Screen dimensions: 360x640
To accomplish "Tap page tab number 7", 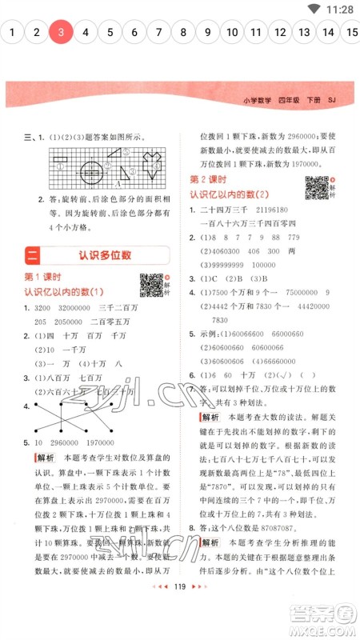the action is (x=159, y=33).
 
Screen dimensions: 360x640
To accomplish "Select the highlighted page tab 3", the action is (x=61, y=33).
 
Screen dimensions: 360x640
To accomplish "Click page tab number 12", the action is (x=280, y=33).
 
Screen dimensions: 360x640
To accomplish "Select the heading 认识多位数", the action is (x=105, y=255).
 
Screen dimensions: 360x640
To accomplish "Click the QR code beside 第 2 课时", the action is (x=318, y=187).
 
